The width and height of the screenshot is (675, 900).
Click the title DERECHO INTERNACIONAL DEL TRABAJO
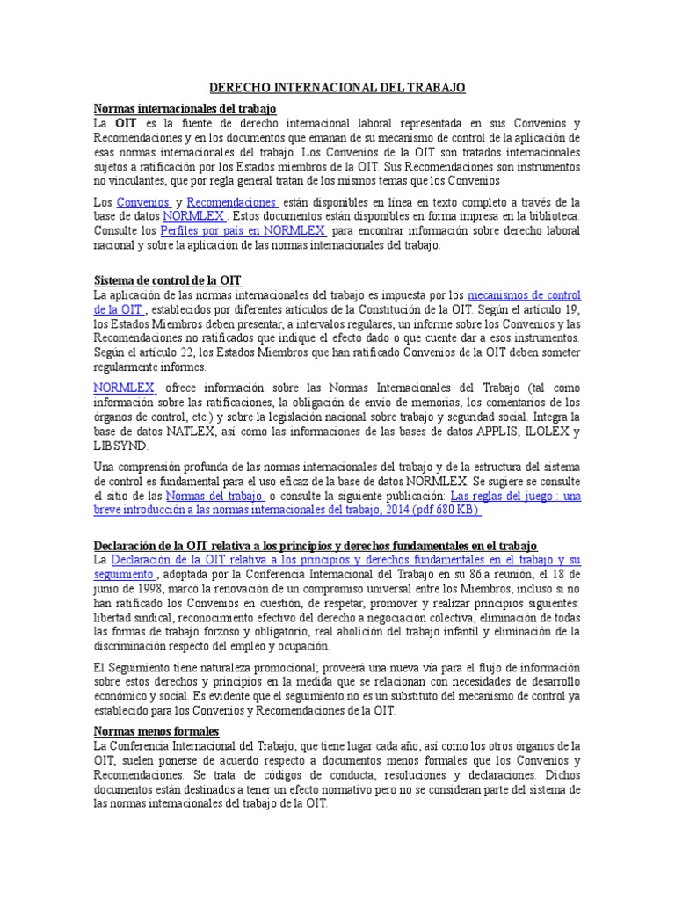[337, 89]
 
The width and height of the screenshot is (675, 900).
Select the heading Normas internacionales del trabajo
[185, 108]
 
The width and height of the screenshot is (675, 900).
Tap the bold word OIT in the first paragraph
[125, 124]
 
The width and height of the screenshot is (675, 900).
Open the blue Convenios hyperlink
[143, 202]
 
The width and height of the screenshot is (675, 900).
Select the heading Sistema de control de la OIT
[168, 279]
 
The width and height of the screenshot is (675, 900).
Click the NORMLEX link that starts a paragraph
[125, 387]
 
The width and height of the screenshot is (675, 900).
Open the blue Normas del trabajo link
[215, 496]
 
